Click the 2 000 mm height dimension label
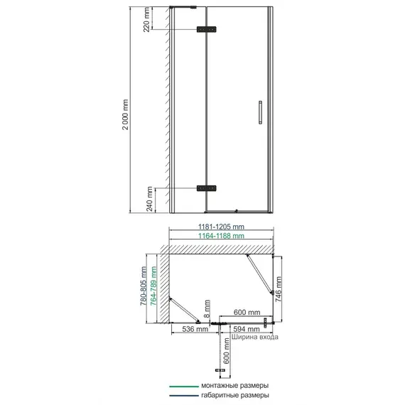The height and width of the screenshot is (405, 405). [125, 114]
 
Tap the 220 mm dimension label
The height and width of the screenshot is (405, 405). [146, 20]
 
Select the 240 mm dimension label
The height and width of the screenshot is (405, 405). [149, 199]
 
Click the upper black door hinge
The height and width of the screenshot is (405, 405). [206, 29]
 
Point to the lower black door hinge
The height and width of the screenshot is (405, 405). [206, 188]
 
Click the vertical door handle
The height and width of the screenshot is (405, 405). [260, 112]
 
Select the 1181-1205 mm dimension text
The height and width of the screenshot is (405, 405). [221, 227]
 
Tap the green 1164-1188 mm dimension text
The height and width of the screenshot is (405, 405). [221, 236]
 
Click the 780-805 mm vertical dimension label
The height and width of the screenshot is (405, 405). [144, 286]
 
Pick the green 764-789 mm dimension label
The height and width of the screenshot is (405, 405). [153, 286]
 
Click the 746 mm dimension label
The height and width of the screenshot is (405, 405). [279, 289]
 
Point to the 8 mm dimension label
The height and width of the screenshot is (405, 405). [207, 308]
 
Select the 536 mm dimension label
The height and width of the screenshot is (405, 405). [195, 329]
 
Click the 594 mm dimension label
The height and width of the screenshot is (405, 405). [247, 329]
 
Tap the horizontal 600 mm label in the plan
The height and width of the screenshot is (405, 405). [247, 312]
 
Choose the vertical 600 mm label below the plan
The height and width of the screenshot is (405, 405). [226, 351]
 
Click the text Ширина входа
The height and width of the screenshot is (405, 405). [255, 337]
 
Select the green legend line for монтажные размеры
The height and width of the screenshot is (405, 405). [184, 387]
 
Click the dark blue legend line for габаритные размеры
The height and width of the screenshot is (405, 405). [184, 396]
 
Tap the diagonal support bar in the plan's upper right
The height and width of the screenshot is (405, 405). [259, 274]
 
